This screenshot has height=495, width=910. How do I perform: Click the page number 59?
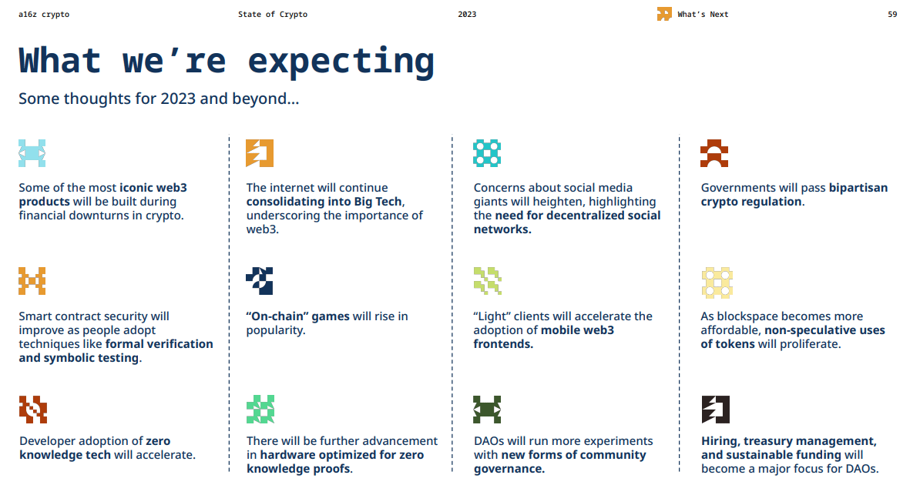(892, 15)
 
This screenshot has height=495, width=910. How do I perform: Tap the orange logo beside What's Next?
(664, 14)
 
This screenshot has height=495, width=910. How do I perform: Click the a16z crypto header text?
(44, 15)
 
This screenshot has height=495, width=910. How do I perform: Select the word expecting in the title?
(341, 62)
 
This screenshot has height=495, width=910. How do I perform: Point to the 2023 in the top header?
(467, 15)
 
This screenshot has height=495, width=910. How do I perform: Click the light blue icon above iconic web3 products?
(32, 153)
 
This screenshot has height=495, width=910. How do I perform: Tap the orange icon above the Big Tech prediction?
(260, 153)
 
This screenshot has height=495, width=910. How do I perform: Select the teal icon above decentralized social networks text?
(487, 153)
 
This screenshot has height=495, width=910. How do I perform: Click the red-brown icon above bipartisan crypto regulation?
(714, 153)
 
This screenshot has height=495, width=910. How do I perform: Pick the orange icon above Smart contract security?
(32, 281)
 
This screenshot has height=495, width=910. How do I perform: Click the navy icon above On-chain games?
(260, 281)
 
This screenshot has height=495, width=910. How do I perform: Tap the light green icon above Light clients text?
(488, 281)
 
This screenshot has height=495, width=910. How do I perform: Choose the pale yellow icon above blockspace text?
(717, 283)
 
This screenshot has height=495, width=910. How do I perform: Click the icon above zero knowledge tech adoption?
(33, 410)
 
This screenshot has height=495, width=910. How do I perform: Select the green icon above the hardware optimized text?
(260, 410)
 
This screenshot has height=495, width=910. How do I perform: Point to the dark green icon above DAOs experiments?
(487, 410)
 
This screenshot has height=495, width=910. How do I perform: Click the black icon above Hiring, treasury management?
(716, 410)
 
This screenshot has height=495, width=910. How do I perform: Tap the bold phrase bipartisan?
(858, 188)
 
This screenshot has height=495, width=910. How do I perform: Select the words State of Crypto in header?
(273, 15)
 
